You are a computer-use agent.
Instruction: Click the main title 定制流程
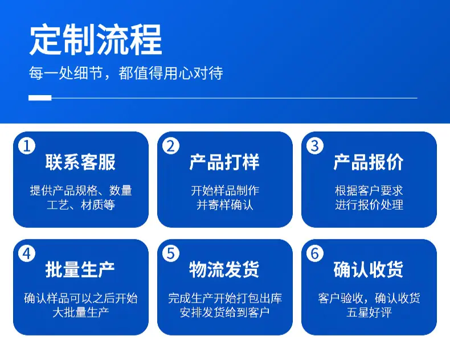click(x=96, y=40)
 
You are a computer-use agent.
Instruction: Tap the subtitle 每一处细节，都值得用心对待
click(x=126, y=73)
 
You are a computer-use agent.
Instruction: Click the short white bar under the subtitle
click(x=40, y=98)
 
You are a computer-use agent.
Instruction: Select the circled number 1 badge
click(x=27, y=146)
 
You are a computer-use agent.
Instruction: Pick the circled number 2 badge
click(x=171, y=146)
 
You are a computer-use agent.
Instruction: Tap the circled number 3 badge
click(x=315, y=146)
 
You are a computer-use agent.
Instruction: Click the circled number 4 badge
click(x=27, y=253)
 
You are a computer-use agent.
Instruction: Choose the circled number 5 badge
click(x=171, y=253)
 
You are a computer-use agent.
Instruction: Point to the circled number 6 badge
click(x=315, y=253)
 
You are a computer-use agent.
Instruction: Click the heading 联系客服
click(x=80, y=162)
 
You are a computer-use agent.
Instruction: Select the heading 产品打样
click(x=224, y=162)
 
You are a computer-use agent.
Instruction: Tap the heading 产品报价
click(x=369, y=162)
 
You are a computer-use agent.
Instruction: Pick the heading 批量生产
click(x=80, y=270)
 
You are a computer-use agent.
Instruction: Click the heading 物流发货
click(x=224, y=270)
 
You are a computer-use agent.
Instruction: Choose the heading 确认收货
click(x=369, y=270)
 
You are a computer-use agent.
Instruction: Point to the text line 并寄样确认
click(x=224, y=205)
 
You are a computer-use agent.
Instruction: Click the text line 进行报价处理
click(x=369, y=205)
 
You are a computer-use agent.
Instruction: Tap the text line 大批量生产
click(x=81, y=312)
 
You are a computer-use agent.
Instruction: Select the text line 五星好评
click(x=369, y=312)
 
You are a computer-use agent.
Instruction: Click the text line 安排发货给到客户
click(x=224, y=312)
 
